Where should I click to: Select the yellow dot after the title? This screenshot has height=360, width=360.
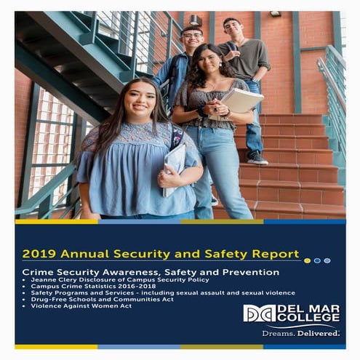307,260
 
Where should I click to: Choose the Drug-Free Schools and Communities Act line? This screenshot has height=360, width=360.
105,299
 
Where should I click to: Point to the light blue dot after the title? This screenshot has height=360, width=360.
327,260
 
